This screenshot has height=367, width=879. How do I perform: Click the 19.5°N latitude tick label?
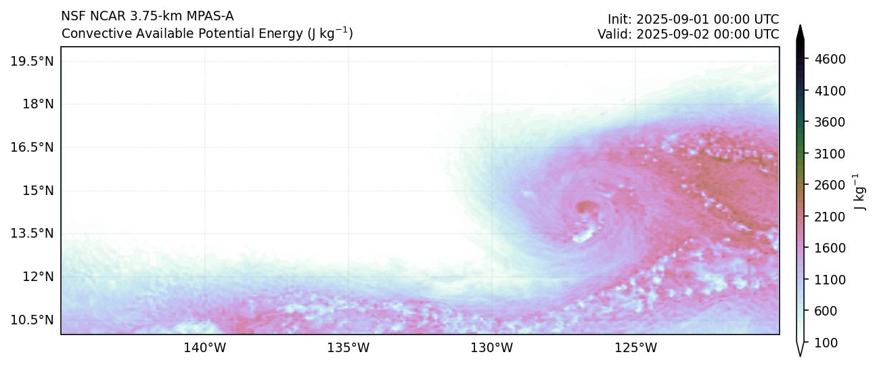point(32,61)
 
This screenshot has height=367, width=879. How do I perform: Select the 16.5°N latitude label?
point(32,147)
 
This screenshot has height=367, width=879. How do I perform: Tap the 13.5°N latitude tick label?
point(32,234)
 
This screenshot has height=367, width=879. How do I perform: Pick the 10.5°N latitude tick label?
point(32,320)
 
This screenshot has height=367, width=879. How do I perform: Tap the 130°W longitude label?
point(492,348)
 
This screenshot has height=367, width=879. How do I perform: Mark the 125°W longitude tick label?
point(635,348)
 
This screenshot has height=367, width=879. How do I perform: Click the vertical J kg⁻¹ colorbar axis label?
point(861,192)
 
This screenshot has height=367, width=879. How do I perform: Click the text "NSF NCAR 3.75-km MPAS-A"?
point(147,16)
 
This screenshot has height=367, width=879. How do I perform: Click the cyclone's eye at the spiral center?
point(585,207)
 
